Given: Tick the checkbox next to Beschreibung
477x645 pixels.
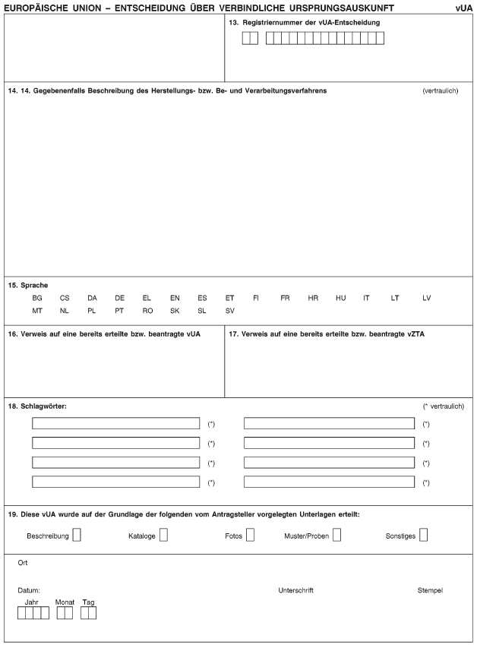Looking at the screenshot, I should click(x=77, y=536).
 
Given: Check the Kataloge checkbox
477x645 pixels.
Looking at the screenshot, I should click(x=163, y=536).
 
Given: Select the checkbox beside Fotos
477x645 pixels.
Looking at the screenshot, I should click(x=250, y=536).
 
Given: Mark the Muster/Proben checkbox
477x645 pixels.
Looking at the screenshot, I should click(x=336, y=536).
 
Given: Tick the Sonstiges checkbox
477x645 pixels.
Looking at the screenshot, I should click(x=423, y=536).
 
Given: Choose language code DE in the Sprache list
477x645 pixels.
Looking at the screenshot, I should click(x=120, y=298).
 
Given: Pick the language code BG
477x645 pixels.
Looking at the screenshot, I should click(x=37, y=298).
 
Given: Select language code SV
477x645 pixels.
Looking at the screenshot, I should click(x=230, y=311).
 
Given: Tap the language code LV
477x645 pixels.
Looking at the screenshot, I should click(x=427, y=298).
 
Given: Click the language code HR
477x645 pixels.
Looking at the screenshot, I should click(x=313, y=298).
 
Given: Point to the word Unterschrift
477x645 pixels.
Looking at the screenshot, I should click(x=296, y=590).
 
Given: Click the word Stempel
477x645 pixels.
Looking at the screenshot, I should click(x=430, y=590).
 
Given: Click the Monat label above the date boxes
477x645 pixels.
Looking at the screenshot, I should click(x=65, y=602).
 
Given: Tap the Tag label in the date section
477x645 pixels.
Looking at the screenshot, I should click(x=89, y=602).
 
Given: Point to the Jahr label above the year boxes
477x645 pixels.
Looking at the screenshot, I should click(x=31, y=602).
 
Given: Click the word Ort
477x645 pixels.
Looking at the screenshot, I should click(x=23, y=563).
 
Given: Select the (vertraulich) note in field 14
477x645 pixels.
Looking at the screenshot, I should click(x=440, y=90).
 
